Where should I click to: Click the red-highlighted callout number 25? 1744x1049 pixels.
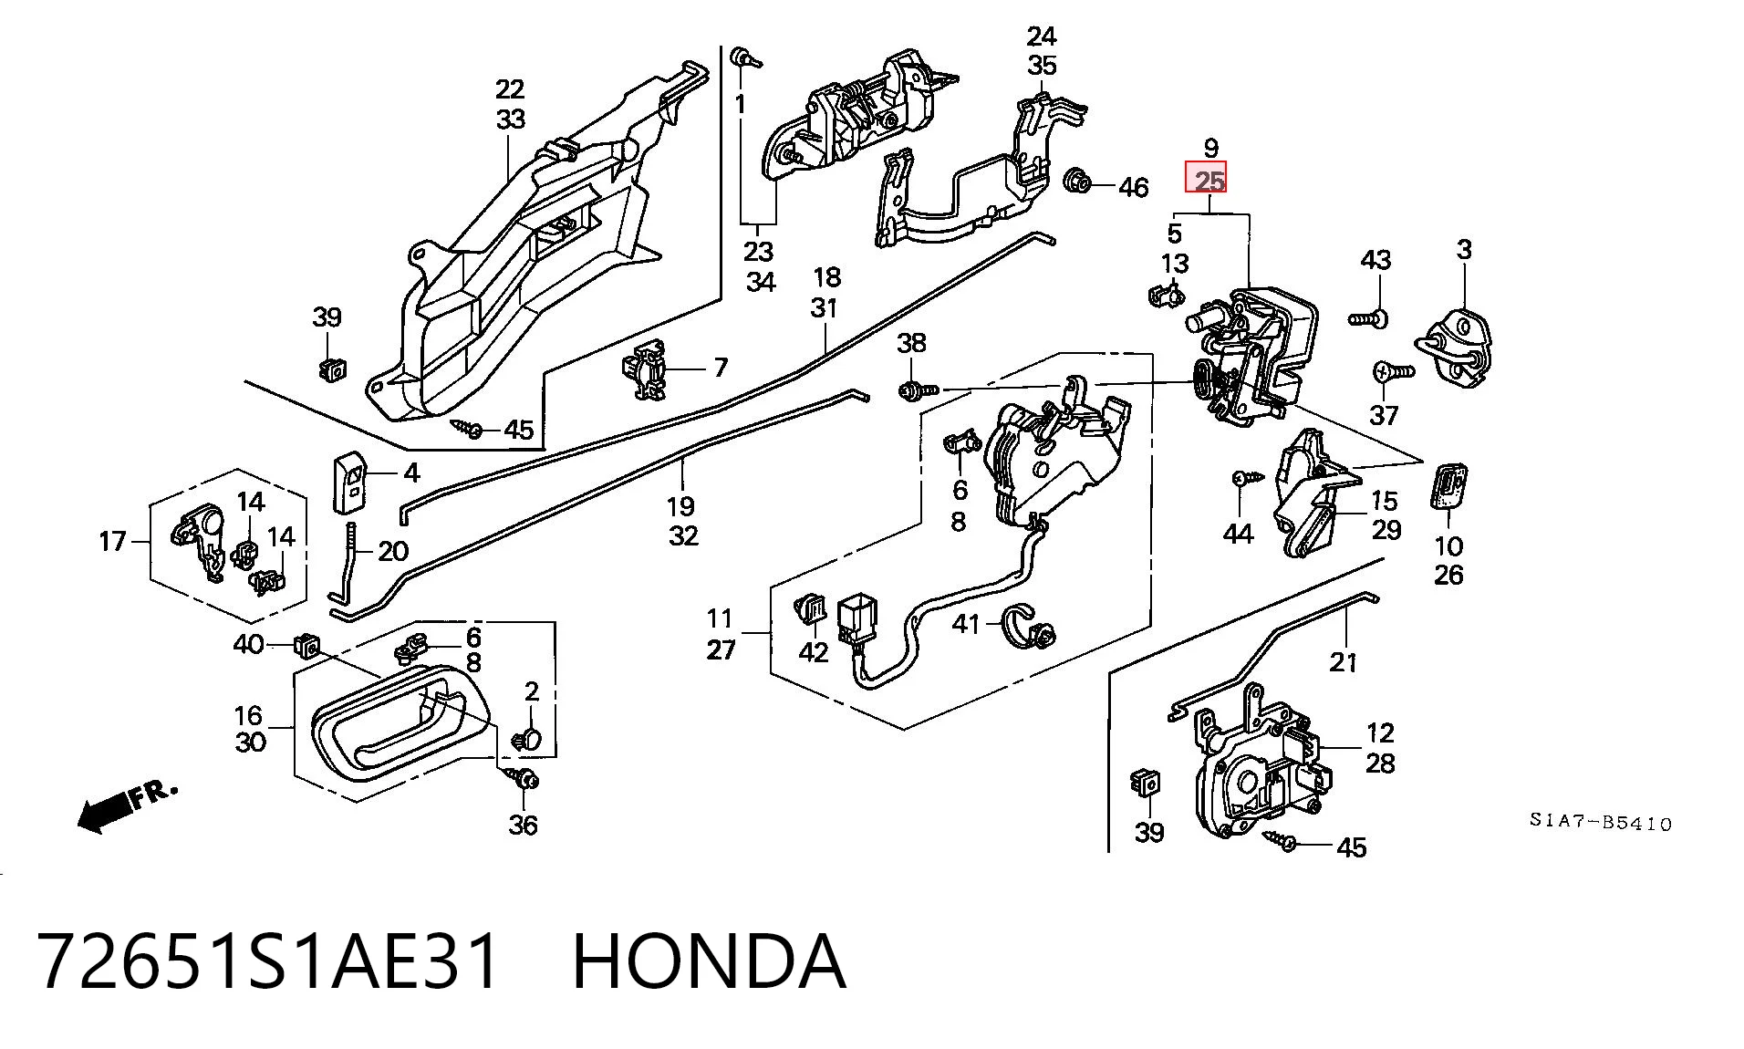pos(1206,178)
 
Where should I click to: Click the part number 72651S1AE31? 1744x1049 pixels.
pos(269,961)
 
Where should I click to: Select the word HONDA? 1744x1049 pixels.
pos(710,961)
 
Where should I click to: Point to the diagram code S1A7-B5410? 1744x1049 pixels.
pos(1601,823)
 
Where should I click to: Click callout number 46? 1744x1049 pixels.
pos(1133,187)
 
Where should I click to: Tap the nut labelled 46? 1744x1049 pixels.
pos(1078,182)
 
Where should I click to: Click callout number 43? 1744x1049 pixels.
pos(1375,260)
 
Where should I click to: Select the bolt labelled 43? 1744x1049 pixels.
pos(1368,318)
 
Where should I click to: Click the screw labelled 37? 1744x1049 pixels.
pos(1392,371)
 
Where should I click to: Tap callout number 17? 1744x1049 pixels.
pos(112,542)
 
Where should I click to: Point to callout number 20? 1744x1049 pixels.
pos(393,551)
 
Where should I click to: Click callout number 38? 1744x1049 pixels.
pos(911,343)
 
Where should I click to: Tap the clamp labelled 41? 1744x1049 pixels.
pos(1030,626)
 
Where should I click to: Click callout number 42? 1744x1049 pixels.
pos(813,651)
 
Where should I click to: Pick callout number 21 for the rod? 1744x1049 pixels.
pos(1344,662)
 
